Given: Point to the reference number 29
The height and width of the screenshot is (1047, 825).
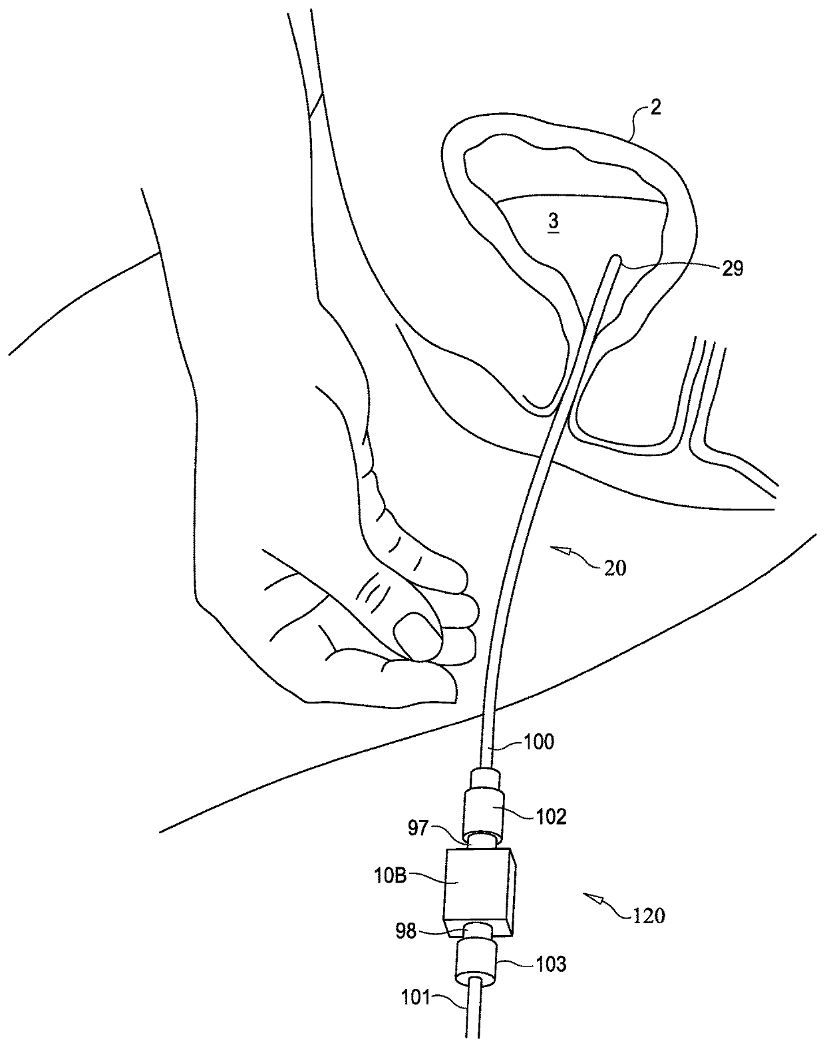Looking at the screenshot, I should point(730,268).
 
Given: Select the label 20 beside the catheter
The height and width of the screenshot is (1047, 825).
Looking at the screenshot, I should point(615,568).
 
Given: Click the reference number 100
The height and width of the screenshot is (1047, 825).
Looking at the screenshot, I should point(539,741).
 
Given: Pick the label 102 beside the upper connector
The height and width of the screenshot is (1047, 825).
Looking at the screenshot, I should point(552,816).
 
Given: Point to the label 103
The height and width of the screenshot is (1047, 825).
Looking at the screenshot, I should point(552,963).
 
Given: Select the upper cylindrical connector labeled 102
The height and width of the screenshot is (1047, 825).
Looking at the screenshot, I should point(484,805).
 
